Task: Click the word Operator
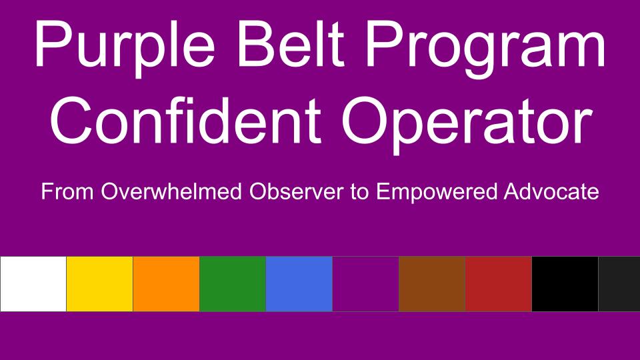[x=467, y=125]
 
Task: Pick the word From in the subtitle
[x=67, y=191]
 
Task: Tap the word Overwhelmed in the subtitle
[x=171, y=191]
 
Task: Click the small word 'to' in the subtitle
[x=359, y=192]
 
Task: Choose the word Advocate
[x=551, y=191]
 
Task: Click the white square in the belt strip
[x=33, y=284]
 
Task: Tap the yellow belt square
[x=99, y=284]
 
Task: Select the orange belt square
[x=166, y=284]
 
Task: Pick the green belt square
[x=233, y=284]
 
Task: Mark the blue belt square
[x=299, y=284]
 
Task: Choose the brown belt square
[x=432, y=284]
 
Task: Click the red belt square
[x=499, y=284]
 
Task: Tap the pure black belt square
[x=565, y=284]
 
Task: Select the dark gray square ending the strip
[x=619, y=284]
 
